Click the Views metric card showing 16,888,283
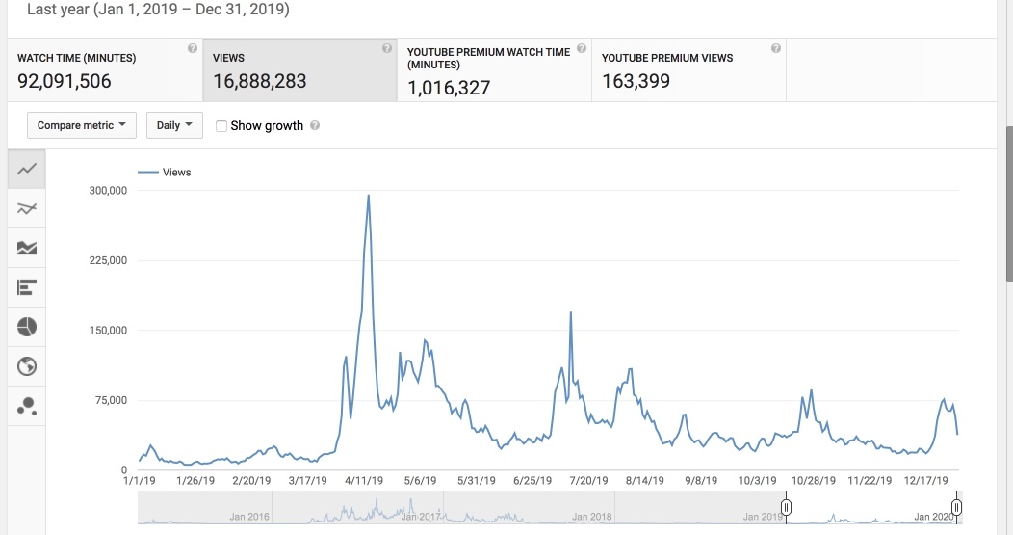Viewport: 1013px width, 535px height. tap(299, 70)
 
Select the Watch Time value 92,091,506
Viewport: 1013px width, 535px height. tap(65, 82)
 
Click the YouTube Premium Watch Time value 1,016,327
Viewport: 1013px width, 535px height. tap(449, 88)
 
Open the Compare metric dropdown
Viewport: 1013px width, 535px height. tap(82, 125)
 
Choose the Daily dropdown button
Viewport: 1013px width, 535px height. tap(174, 125)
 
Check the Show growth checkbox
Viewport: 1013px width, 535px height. tap(222, 126)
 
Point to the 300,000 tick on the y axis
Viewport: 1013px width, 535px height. tap(107, 191)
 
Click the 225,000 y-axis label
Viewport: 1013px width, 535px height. tap(107, 260)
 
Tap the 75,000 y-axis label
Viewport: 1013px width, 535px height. tap(110, 400)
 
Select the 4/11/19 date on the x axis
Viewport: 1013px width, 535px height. tap(365, 480)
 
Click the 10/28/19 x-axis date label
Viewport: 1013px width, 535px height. tap(814, 480)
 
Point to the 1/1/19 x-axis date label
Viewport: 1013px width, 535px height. tap(140, 480)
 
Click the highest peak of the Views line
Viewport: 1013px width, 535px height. tap(369, 196)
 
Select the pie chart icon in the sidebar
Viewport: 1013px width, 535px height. tap(27, 327)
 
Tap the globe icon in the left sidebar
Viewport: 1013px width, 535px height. tap(27, 366)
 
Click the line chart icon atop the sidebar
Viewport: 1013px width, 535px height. tap(27, 169)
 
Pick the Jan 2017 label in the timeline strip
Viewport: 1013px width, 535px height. tap(420, 517)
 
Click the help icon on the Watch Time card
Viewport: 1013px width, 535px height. tap(193, 48)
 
